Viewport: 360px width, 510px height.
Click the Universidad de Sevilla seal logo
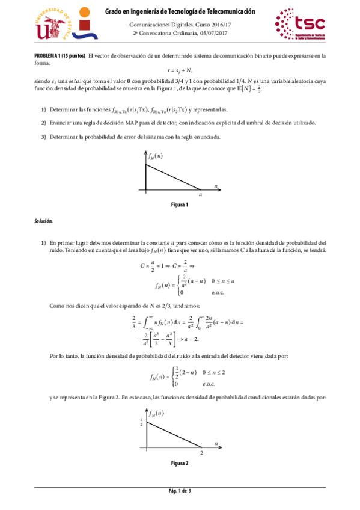pos(51,23)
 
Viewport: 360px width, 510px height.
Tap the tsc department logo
pos(300,23)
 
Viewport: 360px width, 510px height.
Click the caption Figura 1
pos(179,205)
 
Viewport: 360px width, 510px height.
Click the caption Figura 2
pos(179,463)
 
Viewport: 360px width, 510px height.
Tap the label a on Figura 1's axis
pos(200,195)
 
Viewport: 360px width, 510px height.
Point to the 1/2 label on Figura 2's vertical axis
pos(141,422)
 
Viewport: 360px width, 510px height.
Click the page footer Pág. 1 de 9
pos(179,492)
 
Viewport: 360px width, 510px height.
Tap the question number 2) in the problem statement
pos(44,123)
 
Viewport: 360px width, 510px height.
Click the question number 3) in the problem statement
pos(44,137)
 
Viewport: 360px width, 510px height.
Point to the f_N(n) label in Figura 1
pos(156,156)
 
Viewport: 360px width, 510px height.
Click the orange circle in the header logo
pos(85,11)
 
